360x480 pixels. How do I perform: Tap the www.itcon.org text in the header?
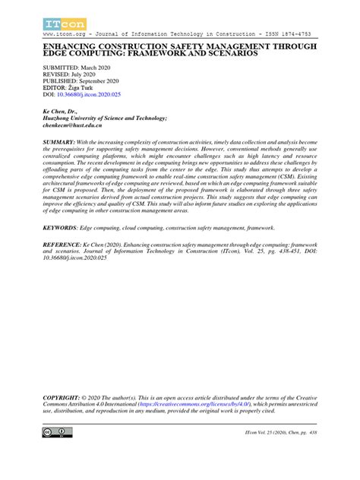tap(67, 34)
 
